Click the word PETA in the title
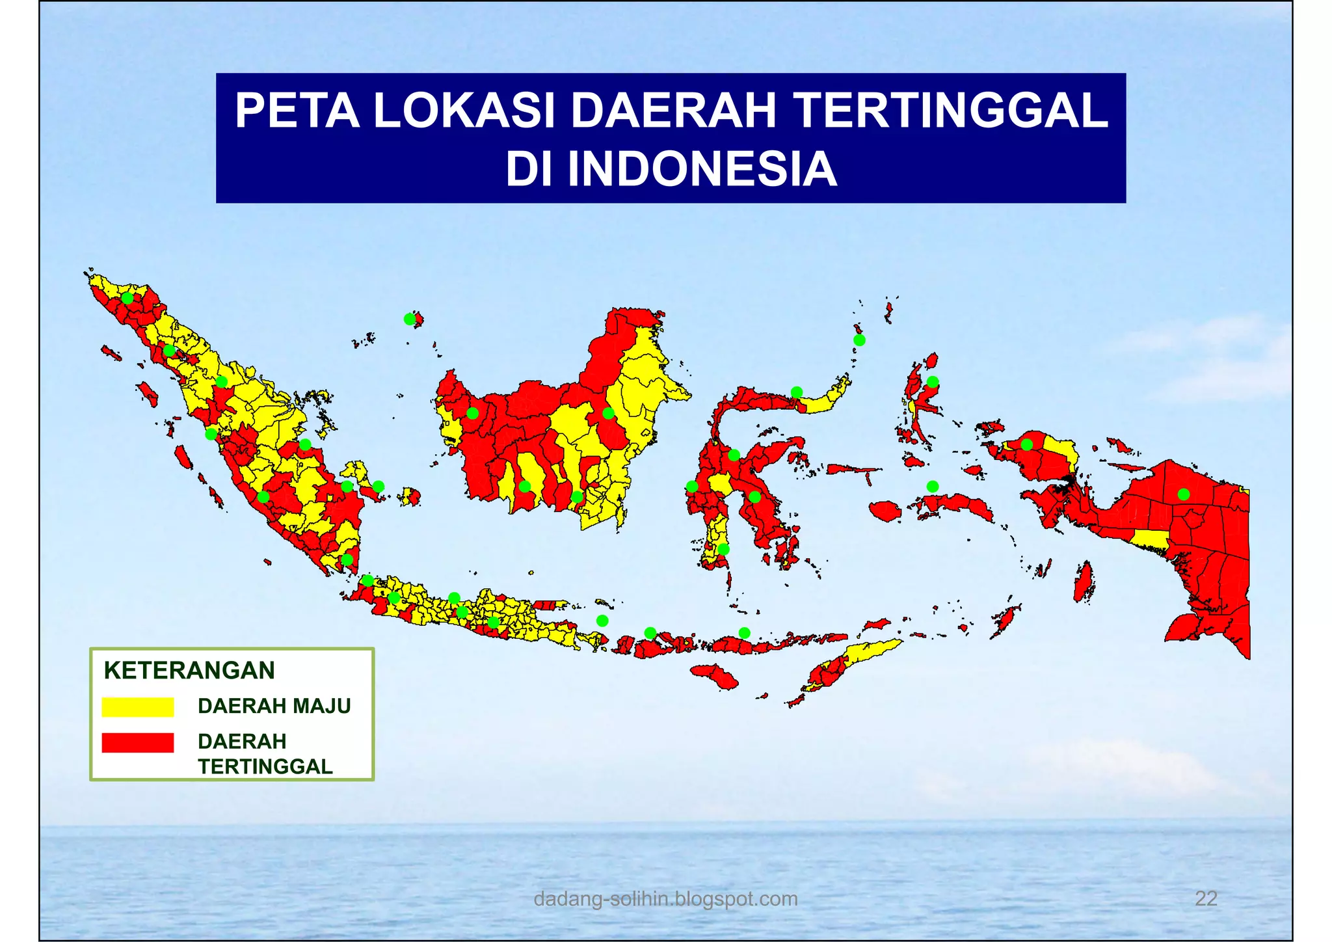click(297, 111)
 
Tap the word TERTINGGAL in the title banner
click(951, 111)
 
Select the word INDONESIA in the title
click(702, 169)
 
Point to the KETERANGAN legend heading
click(189, 670)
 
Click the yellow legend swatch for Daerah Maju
click(138, 707)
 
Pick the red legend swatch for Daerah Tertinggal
click(138, 742)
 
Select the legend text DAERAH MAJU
click(274, 706)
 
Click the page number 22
click(1206, 898)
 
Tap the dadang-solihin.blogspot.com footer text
click(665, 898)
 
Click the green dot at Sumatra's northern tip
click(127, 298)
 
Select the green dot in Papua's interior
click(1184, 494)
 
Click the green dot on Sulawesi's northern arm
click(797, 392)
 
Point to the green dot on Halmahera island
click(933, 382)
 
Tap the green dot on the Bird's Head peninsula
click(1026, 445)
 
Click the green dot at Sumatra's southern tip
click(347, 559)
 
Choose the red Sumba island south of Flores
click(715, 677)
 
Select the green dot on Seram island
click(933, 487)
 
